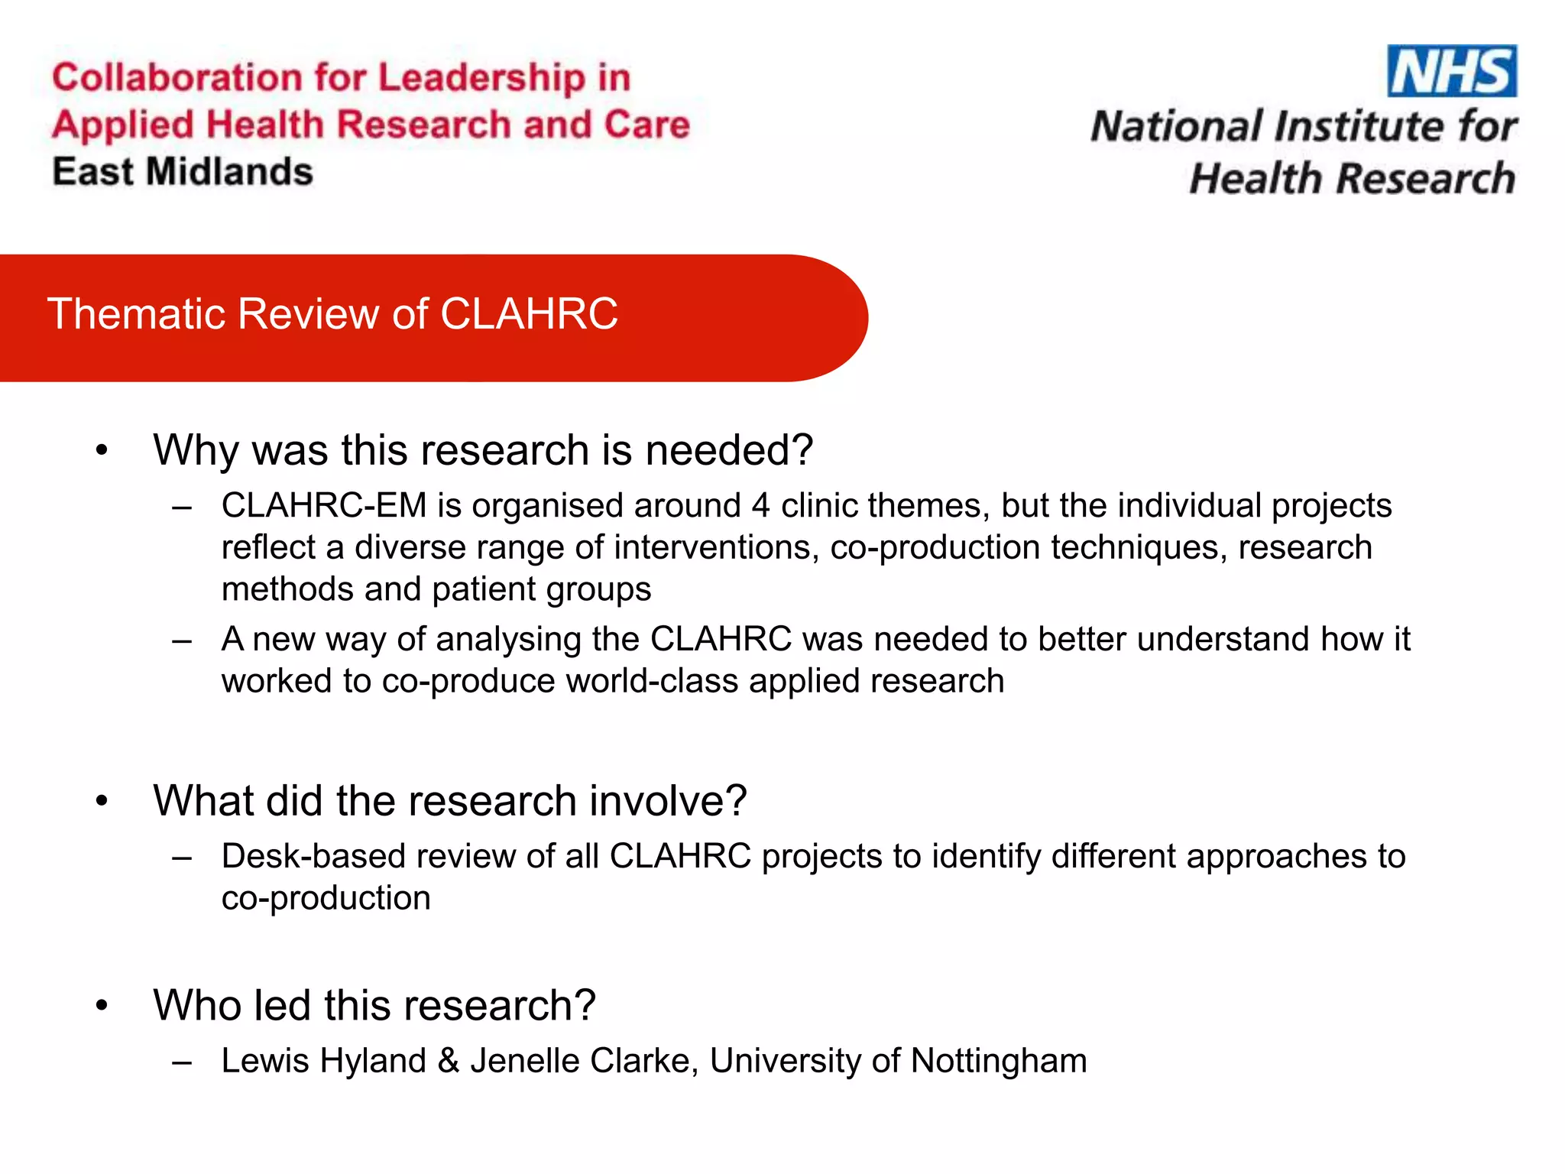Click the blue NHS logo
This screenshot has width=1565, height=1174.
(1452, 71)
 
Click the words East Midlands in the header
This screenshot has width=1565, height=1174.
(183, 172)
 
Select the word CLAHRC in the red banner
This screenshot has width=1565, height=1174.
(529, 314)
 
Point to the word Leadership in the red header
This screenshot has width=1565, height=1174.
(481, 78)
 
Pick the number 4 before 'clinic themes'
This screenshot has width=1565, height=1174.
(760, 506)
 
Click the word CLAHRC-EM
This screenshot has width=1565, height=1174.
(324, 506)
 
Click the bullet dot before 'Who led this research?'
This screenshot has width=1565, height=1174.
(102, 1006)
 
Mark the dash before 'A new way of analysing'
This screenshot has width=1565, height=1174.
(182, 640)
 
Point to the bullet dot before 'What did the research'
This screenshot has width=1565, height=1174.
(102, 802)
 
